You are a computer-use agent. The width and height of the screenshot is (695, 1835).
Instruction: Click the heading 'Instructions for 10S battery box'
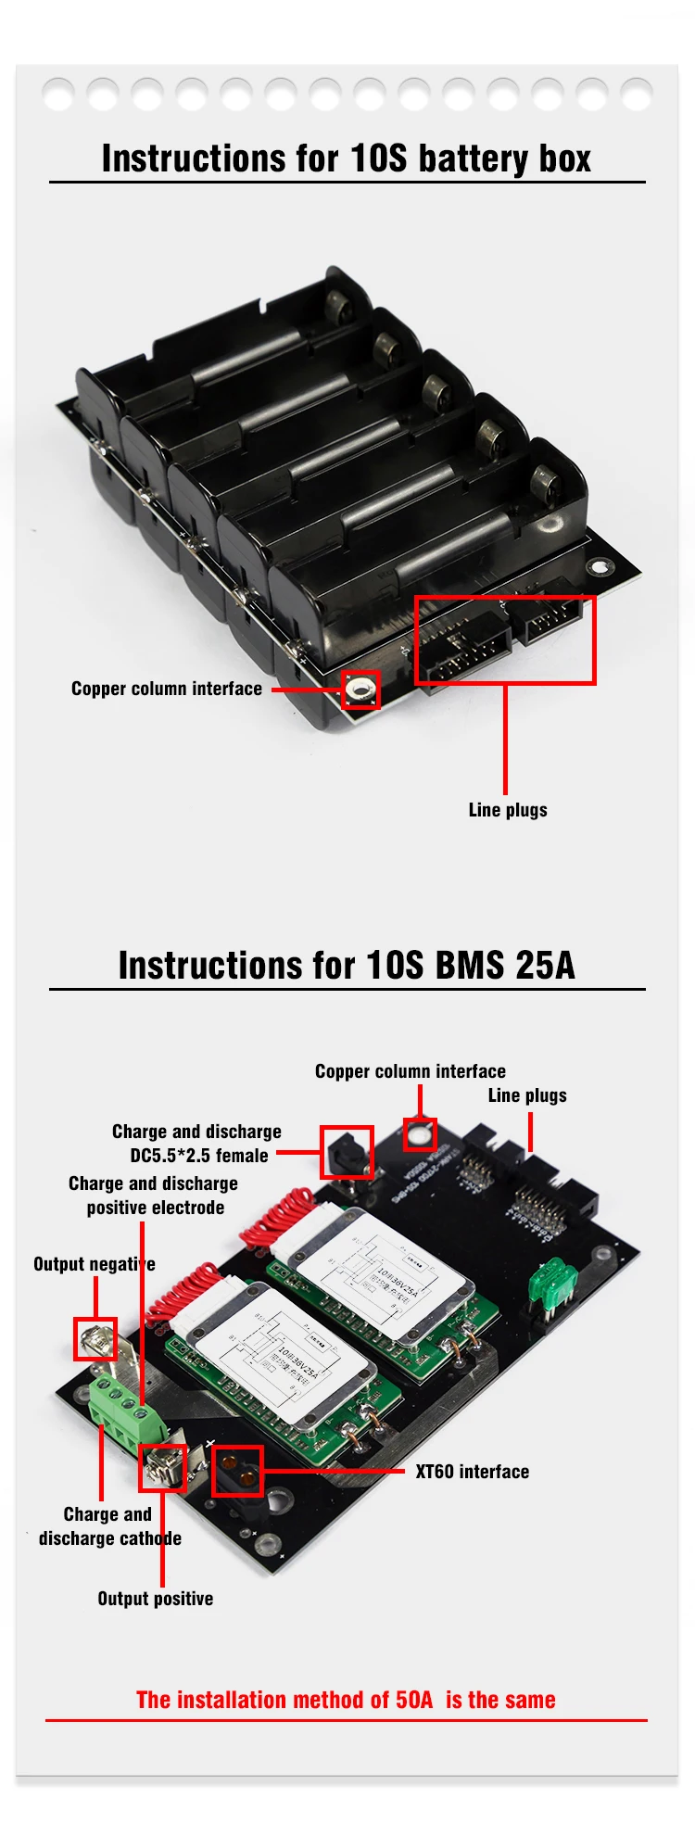pyautogui.click(x=346, y=158)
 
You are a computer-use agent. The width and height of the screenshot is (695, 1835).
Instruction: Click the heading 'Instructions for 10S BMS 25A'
pyautogui.click(x=346, y=965)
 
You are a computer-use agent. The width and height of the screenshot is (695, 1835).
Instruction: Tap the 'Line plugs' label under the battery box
pyautogui.click(x=508, y=810)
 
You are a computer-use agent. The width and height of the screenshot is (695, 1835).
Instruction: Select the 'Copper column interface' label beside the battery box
pyautogui.click(x=167, y=689)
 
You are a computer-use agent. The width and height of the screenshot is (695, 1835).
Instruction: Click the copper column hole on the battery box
pyautogui.click(x=360, y=690)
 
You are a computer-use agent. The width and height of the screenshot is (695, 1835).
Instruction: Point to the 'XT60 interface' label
pyautogui.click(x=472, y=1472)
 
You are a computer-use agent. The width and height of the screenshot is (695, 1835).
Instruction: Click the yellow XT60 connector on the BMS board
pyautogui.click(x=238, y=1472)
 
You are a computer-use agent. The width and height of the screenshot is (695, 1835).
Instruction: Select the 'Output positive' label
pyautogui.click(x=156, y=1599)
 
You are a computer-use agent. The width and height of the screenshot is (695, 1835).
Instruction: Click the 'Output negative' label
pyautogui.click(x=94, y=1264)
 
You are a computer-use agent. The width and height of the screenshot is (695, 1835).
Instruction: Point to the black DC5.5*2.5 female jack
pyautogui.click(x=347, y=1153)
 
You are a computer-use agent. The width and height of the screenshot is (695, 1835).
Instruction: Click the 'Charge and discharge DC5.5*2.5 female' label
pyautogui.click(x=196, y=1144)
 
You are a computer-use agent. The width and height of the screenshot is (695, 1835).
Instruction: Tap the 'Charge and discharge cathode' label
pyautogui.click(x=109, y=1526)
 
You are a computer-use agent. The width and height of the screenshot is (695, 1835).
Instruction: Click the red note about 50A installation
pyautogui.click(x=346, y=1700)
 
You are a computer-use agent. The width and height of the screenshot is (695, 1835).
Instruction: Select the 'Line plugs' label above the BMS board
pyautogui.click(x=527, y=1095)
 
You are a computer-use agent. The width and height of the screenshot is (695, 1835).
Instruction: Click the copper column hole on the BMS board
pyautogui.click(x=420, y=1133)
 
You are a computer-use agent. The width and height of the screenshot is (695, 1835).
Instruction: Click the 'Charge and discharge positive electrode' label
pyautogui.click(x=153, y=1196)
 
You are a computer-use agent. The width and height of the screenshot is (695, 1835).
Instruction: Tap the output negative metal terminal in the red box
pyautogui.click(x=95, y=1339)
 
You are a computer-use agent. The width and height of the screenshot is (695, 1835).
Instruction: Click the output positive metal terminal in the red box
pyautogui.click(x=162, y=1468)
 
